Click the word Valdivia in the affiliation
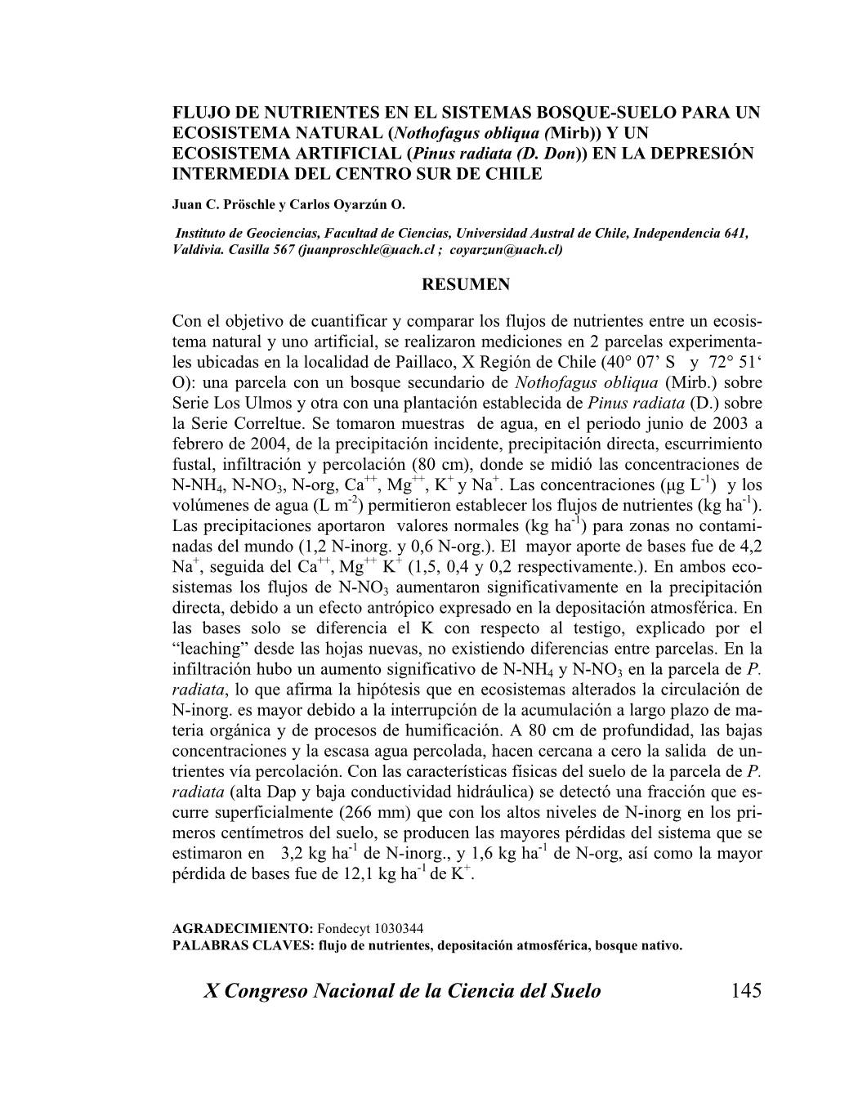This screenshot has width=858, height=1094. click(x=197, y=250)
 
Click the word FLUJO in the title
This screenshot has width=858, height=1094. click(x=201, y=113)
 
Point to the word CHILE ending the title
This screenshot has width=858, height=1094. click(x=515, y=174)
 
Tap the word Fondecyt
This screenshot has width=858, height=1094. click(x=343, y=930)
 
